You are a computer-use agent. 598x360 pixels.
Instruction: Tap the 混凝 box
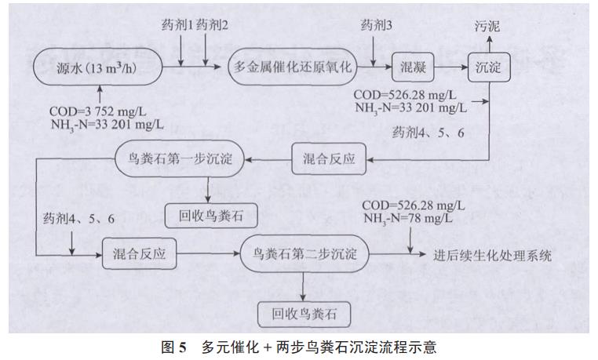click(414, 67)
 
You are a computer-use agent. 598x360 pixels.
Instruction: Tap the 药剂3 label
click(377, 27)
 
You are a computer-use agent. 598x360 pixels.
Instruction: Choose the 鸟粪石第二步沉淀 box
click(306, 256)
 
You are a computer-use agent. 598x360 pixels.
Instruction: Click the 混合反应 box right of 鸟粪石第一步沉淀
click(329, 159)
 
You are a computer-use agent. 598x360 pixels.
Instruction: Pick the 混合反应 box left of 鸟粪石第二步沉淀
click(139, 256)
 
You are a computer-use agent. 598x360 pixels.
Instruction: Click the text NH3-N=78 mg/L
click(408, 219)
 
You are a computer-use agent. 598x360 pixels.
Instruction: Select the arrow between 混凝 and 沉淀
click(452, 67)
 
